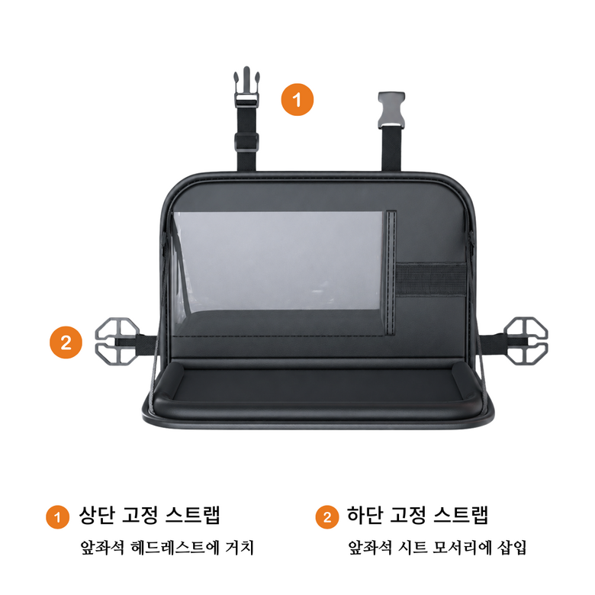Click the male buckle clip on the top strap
click(246, 88)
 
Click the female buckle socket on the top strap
click(391, 110)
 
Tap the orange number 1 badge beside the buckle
click(297, 99)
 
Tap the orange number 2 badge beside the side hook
click(66, 343)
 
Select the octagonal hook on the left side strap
click(117, 341)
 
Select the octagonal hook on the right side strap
click(526, 341)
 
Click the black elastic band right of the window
click(431, 278)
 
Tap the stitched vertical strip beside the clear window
click(391, 272)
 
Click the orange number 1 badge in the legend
click(58, 517)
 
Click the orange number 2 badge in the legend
click(327, 517)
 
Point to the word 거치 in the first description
click(239, 547)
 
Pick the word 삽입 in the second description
click(512, 547)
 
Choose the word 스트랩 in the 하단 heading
click(461, 515)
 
